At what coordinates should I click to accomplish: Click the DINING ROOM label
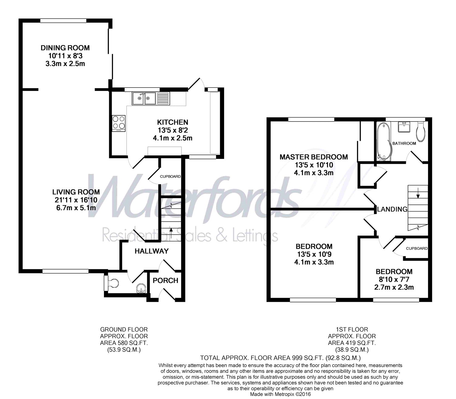(65, 48)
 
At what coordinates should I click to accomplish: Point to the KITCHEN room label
(172, 122)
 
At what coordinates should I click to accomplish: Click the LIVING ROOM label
(76, 192)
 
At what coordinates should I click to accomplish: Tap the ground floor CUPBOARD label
(170, 177)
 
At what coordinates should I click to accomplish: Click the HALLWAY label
(151, 251)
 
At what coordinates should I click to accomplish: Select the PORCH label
(165, 280)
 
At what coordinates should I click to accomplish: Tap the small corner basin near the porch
(141, 288)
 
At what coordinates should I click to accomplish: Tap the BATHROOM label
(404, 143)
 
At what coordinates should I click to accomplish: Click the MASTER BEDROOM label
(314, 157)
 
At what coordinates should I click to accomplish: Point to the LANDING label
(392, 209)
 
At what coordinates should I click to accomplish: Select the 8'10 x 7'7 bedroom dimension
(394, 279)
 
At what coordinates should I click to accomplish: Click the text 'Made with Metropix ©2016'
(280, 394)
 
